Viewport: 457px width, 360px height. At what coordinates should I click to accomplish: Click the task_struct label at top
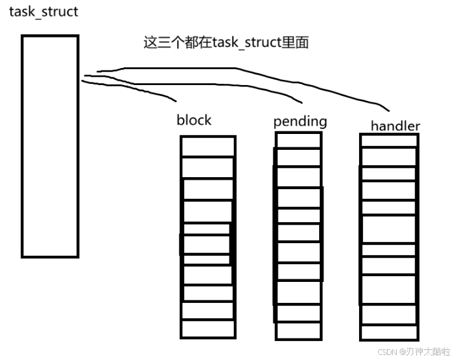point(43,12)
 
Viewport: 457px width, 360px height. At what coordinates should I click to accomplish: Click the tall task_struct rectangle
point(50,146)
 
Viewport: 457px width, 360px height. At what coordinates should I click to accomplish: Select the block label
point(194,120)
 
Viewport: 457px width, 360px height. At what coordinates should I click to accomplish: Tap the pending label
point(300,121)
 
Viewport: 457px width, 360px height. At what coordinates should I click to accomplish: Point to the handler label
point(395,126)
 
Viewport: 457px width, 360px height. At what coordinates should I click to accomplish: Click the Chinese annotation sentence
point(226,43)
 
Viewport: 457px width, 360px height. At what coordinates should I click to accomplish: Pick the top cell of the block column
point(208,146)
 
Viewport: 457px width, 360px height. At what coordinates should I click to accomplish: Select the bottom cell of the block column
point(208,328)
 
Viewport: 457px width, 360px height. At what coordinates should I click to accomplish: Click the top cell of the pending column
point(298,140)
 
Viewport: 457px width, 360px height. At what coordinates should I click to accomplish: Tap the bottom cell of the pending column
point(298,331)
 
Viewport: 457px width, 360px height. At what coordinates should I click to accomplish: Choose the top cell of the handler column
point(389,140)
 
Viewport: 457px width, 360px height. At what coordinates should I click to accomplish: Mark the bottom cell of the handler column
point(389,332)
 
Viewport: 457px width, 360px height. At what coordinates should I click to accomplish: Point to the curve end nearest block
point(175,100)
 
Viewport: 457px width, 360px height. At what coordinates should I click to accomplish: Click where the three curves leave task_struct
point(85,77)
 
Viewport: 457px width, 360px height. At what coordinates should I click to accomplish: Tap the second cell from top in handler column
point(389,157)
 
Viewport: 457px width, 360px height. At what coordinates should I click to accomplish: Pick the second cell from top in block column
point(208,167)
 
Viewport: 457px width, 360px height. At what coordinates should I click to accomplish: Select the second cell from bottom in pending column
point(298,313)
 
